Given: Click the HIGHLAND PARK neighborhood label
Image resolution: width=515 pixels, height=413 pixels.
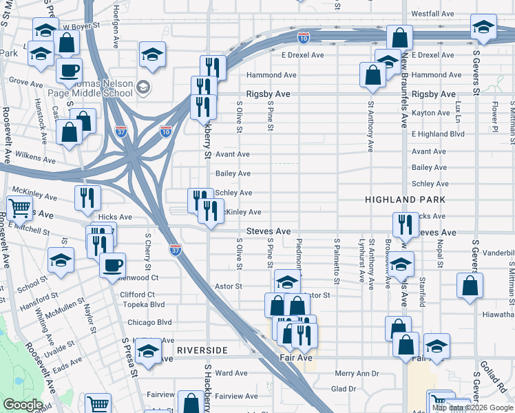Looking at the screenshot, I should [406, 199].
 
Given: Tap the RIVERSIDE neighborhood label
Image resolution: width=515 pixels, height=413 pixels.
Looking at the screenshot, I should [201, 350].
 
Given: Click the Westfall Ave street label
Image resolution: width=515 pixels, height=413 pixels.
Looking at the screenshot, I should [432, 14].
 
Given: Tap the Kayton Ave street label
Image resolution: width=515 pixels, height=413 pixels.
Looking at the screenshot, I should [430, 112].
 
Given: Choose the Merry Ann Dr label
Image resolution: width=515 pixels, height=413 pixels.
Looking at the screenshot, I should [357, 373].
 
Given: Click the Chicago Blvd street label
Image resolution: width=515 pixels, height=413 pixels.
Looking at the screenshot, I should [149, 321].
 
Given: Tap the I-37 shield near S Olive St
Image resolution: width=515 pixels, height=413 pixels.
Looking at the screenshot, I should [176, 250].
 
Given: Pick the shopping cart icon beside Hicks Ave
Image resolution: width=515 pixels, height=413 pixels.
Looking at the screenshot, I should [19, 207].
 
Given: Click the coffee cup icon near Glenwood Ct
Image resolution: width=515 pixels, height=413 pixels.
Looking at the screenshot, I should [112, 265].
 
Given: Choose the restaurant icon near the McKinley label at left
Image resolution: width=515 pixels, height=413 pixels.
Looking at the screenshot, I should [90, 198].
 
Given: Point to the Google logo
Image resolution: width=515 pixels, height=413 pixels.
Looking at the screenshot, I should [23, 405].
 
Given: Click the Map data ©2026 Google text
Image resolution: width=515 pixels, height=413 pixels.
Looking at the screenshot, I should [472, 407].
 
